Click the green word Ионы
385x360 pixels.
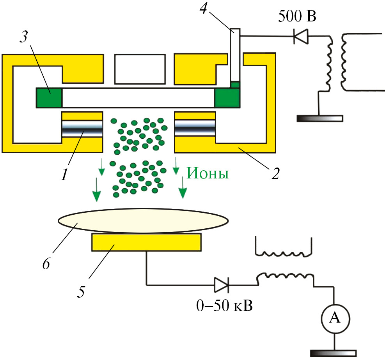[x=208, y=173]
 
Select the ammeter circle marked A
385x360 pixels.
[x=334, y=318]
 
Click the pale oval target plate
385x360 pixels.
[x=143, y=221]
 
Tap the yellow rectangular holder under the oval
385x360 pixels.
[x=146, y=242]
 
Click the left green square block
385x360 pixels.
[x=49, y=97]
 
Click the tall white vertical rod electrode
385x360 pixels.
[x=234, y=55]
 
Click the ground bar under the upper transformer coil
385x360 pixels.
[x=319, y=118]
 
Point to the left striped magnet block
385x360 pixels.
[x=82, y=129]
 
